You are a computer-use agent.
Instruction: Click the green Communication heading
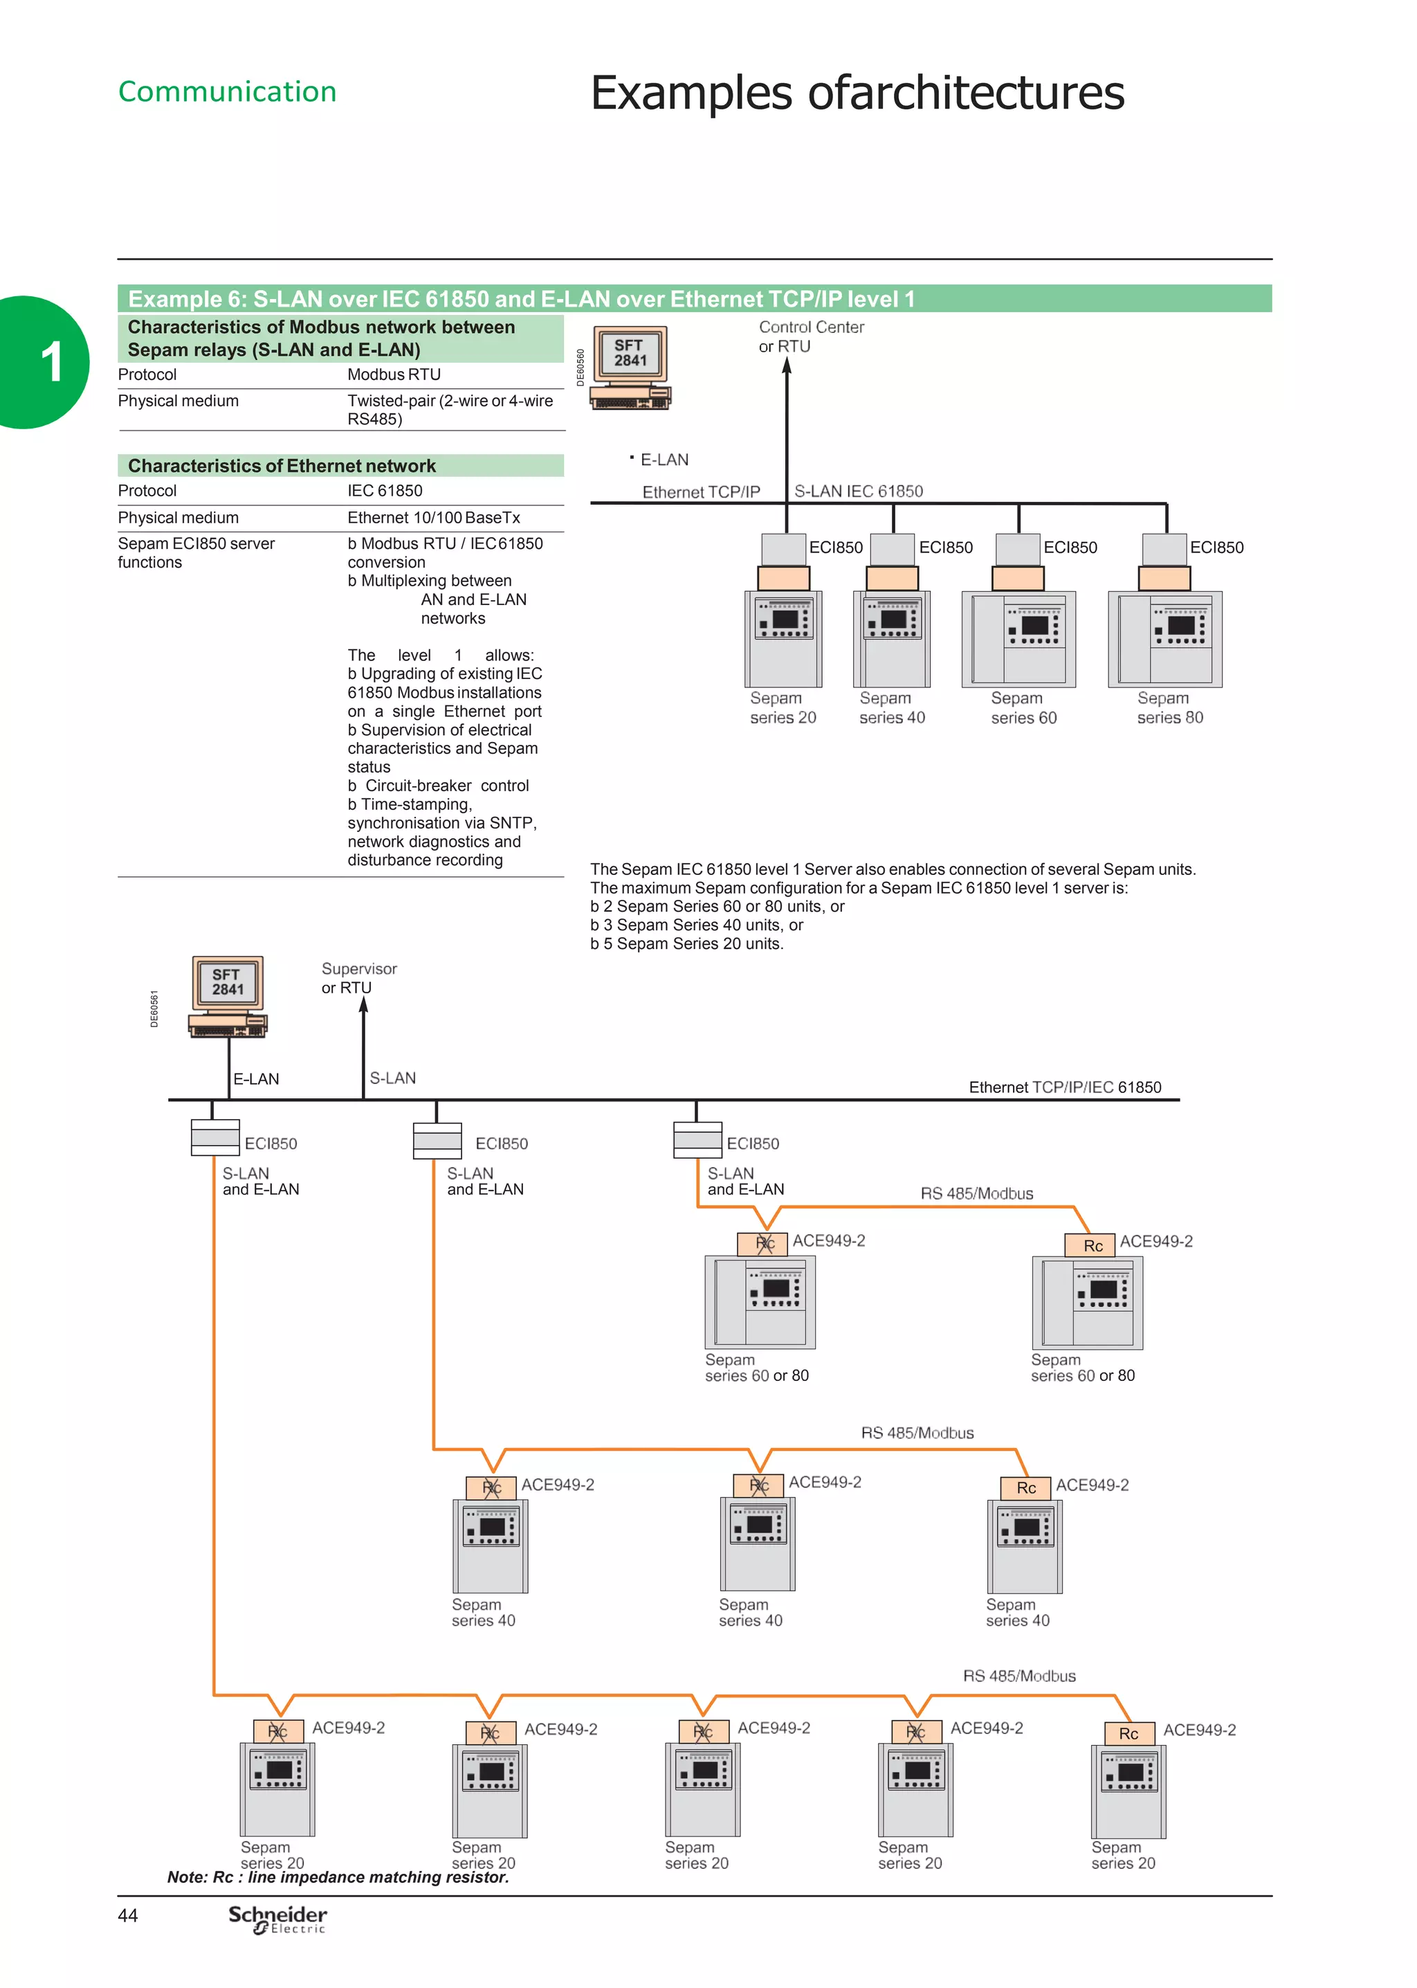pos(227,91)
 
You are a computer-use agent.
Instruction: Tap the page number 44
pos(127,1915)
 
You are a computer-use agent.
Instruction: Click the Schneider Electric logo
pos(277,1918)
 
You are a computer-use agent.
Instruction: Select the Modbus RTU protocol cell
pos(394,374)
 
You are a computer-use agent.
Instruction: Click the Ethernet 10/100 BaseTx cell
pos(434,518)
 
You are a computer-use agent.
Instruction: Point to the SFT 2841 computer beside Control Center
pos(630,367)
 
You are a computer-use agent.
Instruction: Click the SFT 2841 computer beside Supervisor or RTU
pos(228,996)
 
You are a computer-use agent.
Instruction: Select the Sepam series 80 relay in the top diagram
pos(1165,639)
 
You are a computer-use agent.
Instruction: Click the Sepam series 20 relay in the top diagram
pos(783,639)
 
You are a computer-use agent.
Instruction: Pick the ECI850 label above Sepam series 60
pos(1070,547)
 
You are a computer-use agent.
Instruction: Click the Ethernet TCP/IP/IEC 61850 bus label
pos(1065,1087)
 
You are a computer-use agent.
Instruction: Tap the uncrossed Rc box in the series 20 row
pos(1128,1733)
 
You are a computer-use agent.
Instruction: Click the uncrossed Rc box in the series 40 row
pos(1026,1488)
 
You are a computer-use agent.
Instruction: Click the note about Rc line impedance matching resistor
pos(338,1877)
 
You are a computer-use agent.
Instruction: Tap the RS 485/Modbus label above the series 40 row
pos(917,1433)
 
